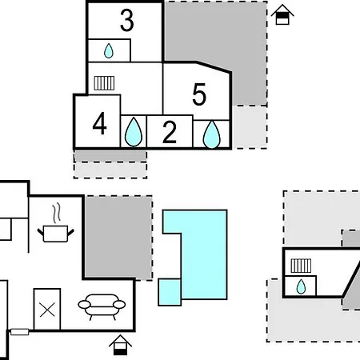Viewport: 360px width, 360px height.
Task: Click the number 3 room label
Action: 126,20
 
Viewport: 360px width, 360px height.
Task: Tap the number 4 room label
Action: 100,123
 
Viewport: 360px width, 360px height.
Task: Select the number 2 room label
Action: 170,132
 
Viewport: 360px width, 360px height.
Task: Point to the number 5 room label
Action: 199,94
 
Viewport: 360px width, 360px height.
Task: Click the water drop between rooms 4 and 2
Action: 134,132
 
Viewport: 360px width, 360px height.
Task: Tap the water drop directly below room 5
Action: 212,134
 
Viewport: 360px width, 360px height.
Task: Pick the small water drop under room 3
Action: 109,51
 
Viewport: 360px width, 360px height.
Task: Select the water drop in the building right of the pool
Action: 301,286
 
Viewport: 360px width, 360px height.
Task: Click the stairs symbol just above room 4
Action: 104,83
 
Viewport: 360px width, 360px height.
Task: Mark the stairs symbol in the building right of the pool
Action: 301,266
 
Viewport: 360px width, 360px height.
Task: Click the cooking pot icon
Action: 55,234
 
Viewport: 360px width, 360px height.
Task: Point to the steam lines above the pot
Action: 56,213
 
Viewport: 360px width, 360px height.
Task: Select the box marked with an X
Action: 47,310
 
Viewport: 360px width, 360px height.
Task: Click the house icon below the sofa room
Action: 120,345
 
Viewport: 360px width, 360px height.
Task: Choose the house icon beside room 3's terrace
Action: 282,14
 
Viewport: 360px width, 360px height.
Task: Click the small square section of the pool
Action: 170,292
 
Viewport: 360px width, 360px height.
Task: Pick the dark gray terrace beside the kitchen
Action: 118,238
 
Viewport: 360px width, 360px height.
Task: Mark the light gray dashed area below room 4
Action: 110,170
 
